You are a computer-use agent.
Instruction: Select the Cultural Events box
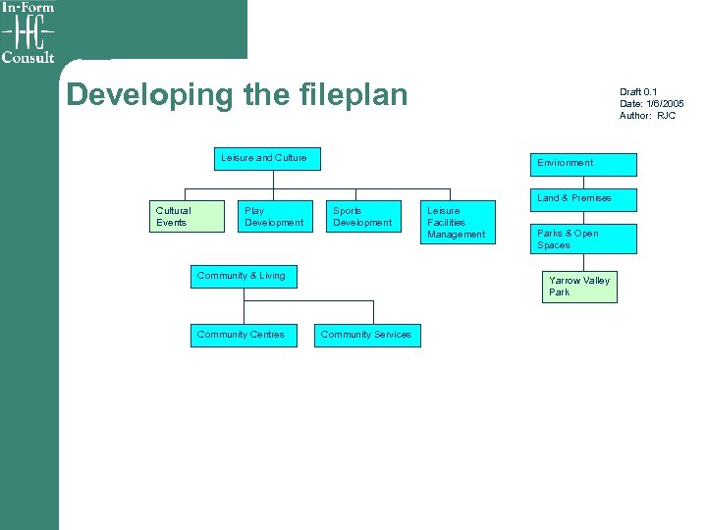[x=182, y=218]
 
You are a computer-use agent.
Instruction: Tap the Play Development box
[x=274, y=218]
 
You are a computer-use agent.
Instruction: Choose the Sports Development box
[x=362, y=218]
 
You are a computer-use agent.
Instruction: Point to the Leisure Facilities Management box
[x=456, y=223]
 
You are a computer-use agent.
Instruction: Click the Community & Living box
[x=244, y=277]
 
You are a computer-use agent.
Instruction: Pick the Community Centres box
[x=243, y=336]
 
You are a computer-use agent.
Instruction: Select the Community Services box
[x=366, y=336]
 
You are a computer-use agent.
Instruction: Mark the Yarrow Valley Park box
[x=580, y=287]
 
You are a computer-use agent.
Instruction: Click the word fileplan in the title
[x=349, y=95]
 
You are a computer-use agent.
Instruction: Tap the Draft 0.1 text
[x=638, y=92]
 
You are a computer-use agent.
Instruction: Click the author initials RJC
[x=667, y=116]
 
